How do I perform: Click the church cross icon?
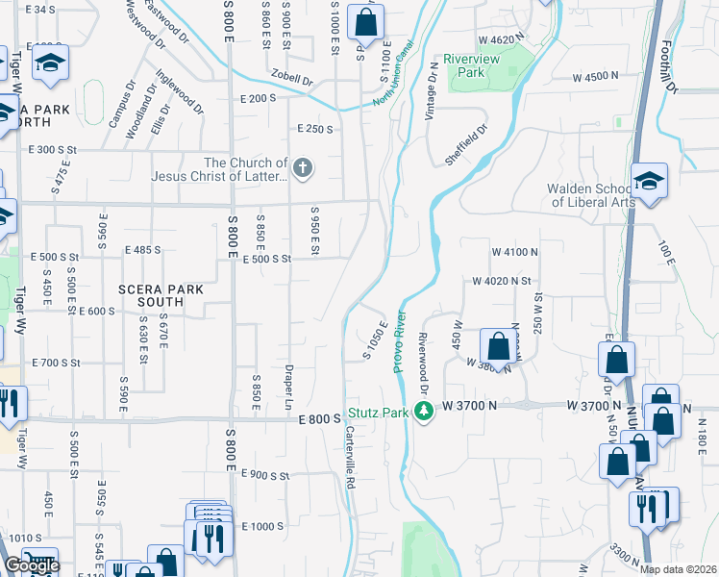point(303,170)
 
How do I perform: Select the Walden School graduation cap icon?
point(650,183)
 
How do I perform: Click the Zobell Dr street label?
point(292,81)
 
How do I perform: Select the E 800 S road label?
point(320,419)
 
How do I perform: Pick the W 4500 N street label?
point(600,76)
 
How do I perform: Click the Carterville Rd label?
point(351,458)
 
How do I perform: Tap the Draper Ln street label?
point(288,387)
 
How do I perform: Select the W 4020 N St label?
point(502,281)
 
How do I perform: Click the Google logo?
point(31,565)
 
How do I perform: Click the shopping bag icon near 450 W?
point(498,345)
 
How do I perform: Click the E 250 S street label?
point(314,129)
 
